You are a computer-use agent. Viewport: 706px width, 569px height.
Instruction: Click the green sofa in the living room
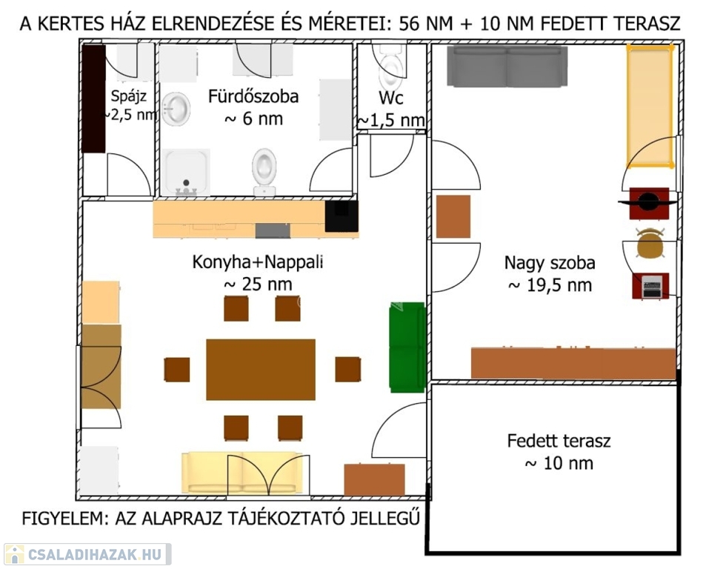pos(407,347)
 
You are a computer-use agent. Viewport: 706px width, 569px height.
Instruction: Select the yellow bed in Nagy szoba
pos(650,105)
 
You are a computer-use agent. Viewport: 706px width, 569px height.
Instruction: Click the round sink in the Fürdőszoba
pos(176,108)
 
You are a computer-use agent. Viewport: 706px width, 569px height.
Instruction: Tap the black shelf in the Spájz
pos(94,99)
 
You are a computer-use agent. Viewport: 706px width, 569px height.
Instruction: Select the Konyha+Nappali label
pos(258,262)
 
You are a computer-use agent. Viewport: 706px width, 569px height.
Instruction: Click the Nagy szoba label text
pos(550,262)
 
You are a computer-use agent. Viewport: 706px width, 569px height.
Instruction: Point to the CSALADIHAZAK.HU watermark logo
pos(87,554)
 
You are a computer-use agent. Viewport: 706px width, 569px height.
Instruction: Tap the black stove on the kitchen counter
pos(341,216)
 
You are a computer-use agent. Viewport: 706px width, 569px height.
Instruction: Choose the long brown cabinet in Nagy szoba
pos(573,363)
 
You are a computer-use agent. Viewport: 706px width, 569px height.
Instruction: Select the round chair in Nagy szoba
pos(649,244)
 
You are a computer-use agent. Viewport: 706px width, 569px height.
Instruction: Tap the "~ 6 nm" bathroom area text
pos(253,119)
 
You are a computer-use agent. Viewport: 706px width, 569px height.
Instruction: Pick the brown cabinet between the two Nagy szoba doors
pos(453,216)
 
